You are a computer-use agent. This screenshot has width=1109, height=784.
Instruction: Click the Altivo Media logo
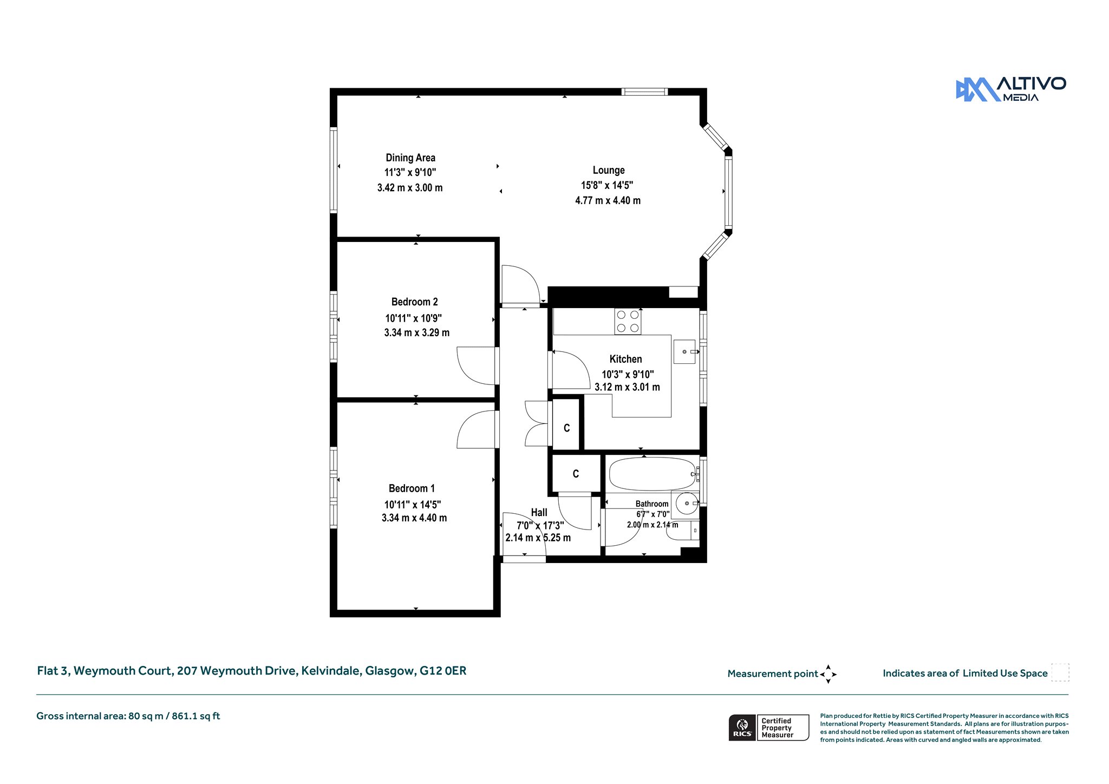coord(1010,89)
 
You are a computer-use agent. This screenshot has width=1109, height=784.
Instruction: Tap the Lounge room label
coord(609,170)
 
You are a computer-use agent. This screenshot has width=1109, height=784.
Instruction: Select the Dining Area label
coord(410,158)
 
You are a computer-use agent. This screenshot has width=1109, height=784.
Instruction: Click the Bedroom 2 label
coord(415,302)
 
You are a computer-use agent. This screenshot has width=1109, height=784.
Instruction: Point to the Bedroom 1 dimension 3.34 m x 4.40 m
coord(414,518)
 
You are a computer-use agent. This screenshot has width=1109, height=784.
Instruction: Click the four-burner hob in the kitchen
coord(628,321)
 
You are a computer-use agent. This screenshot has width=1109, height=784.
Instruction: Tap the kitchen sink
coord(684,352)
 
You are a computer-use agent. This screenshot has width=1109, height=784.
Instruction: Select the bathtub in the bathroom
coord(653,474)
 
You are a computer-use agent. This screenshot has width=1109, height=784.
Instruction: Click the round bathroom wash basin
coord(687,504)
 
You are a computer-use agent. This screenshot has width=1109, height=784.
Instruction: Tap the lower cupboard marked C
coord(576,474)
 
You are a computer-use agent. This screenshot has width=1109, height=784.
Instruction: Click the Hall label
coord(539,512)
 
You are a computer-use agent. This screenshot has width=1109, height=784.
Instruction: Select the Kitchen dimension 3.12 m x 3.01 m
coord(627,387)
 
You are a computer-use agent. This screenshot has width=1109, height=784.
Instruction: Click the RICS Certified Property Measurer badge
coord(769,728)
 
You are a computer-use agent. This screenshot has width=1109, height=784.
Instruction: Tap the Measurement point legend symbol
coord(828,674)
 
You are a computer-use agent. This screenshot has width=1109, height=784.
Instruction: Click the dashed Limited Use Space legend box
coord(1060,672)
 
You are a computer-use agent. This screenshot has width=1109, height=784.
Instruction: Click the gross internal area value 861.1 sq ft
coord(196,716)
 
